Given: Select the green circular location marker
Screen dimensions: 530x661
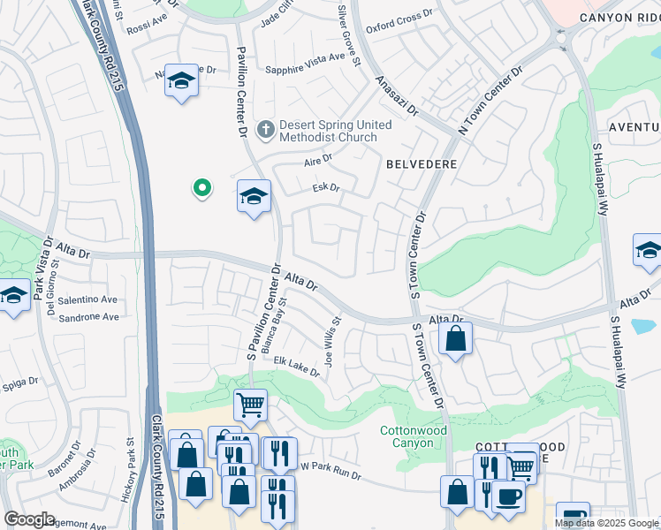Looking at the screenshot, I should coord(201,187).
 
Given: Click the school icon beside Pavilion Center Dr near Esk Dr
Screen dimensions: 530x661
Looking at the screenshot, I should coord(254,196).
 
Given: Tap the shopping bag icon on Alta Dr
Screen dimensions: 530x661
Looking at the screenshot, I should coord(455,338).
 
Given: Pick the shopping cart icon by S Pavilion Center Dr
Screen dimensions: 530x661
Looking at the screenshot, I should coord(250,405).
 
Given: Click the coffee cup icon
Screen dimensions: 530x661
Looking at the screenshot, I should coord(508,496).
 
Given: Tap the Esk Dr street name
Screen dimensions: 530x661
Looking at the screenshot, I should coord(326,188).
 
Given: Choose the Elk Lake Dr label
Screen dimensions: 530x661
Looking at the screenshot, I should coord(296,366).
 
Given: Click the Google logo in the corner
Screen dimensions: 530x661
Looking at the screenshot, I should coord(28,519).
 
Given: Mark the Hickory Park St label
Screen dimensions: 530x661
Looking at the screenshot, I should coord(129,460).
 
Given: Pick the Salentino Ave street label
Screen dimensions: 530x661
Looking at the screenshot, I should coord(88,300).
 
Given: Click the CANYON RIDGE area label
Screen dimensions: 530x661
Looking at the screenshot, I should coord(619,17).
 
